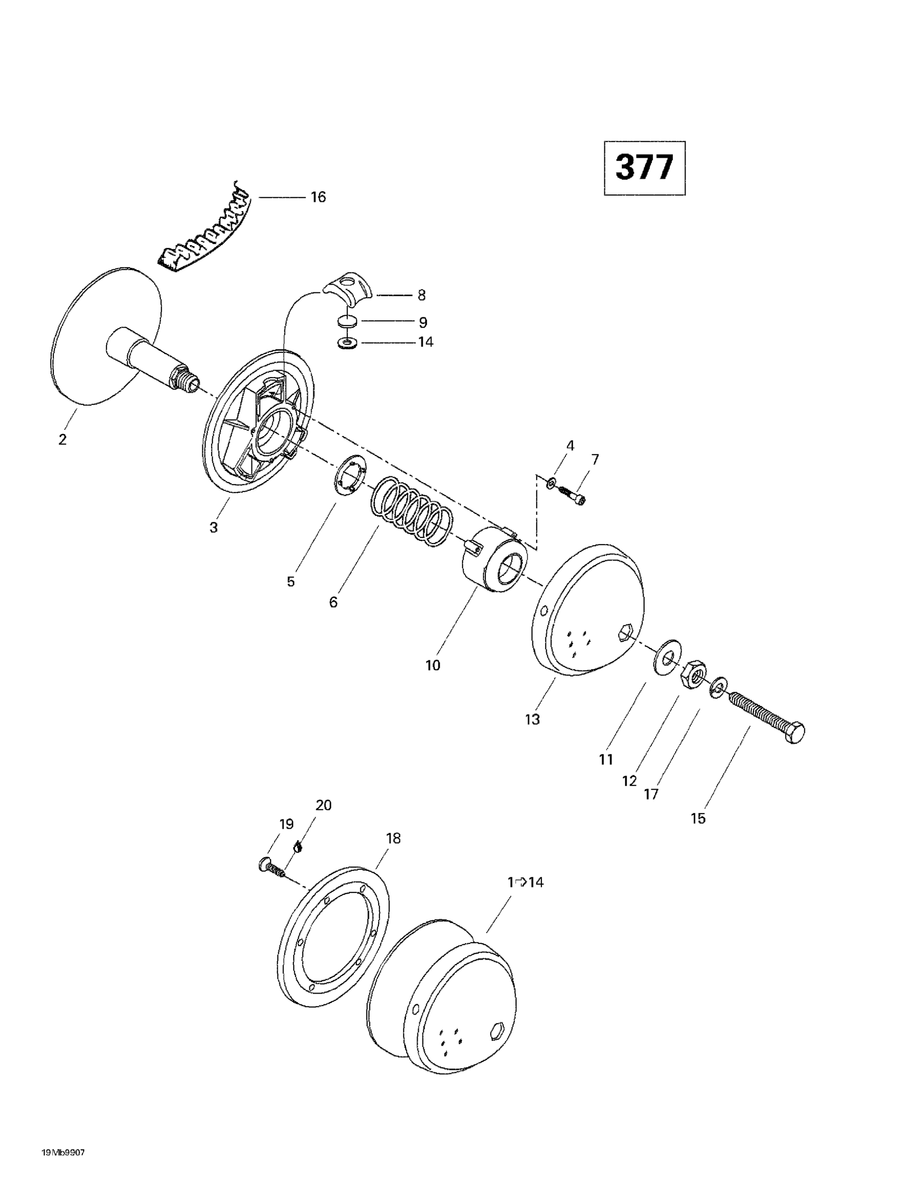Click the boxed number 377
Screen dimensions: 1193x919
[x=644, y=168]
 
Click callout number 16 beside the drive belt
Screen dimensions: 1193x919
[x=318, y=197]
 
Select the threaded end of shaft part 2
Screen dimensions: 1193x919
[x=186, y=379]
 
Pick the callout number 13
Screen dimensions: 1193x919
[x=532, y=719]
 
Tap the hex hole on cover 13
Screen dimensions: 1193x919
[x=625, y=633]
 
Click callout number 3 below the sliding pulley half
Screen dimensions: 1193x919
[x=214, y=527]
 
